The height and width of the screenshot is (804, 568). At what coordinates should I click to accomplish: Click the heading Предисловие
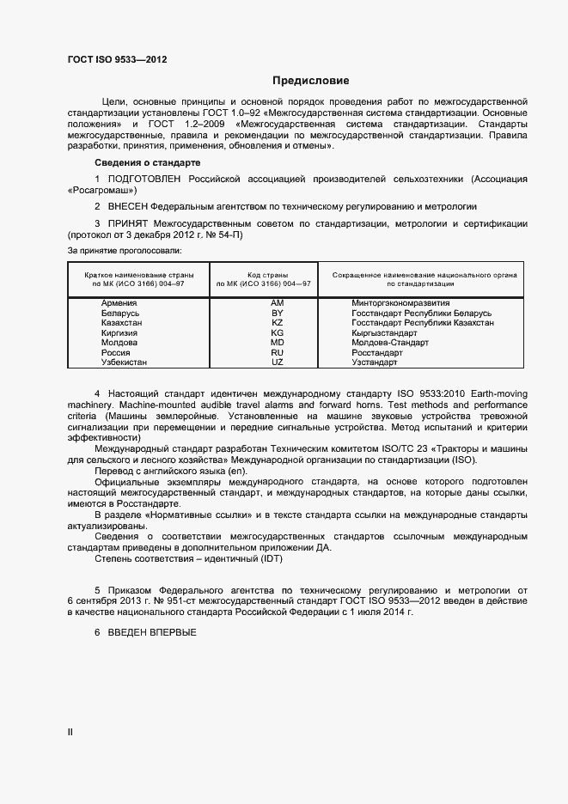[311, 82]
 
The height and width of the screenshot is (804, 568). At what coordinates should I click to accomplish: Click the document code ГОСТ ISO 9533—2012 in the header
[117, 59]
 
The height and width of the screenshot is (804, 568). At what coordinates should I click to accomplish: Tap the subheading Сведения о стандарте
[147, 162]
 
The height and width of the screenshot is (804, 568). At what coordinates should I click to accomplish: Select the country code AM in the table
[277, 303]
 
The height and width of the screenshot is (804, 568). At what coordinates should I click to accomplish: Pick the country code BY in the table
[277, 314]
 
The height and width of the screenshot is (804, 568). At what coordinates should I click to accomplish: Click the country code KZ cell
[277, 323]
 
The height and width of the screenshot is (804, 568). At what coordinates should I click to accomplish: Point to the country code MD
[277, 343]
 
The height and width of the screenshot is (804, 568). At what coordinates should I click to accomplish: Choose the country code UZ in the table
[277, 362]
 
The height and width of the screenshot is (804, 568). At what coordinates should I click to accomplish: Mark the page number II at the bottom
[70, 732]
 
